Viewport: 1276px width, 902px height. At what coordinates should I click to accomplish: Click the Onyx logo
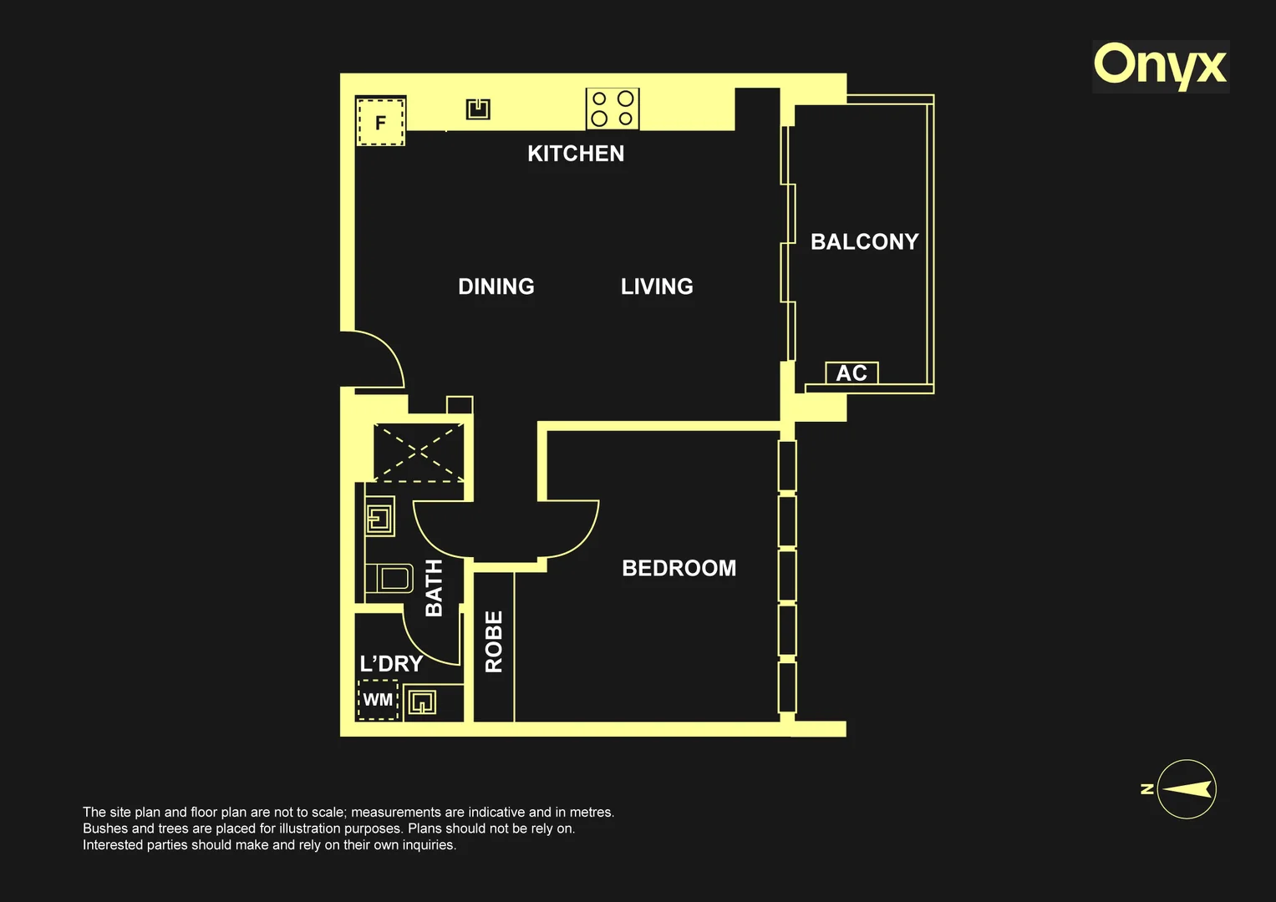point(1161,67)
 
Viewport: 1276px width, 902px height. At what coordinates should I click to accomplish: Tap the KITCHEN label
point(576,154)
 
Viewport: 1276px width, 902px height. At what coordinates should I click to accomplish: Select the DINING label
point(496,286)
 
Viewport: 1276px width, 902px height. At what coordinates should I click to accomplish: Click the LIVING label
point(657,286)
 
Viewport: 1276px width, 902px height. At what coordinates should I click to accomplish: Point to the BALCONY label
point(865,242)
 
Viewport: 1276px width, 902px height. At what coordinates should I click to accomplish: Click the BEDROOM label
point(679,568)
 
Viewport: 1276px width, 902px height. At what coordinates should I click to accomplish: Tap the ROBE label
point(494,641)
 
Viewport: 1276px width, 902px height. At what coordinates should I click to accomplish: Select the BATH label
point(434,588)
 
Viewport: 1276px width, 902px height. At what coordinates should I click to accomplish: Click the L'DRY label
point(391,664)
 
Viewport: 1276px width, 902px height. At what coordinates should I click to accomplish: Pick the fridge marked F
point(380,121)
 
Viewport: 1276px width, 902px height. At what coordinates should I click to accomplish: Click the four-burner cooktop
point(613,109)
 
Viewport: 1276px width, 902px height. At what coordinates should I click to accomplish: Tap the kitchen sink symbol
point(478,109)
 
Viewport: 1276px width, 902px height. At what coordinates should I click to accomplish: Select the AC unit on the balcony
point(852,373)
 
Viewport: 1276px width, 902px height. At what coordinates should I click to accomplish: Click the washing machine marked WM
point(378,699)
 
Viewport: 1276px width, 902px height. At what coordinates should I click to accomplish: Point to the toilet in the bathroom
point(389,579)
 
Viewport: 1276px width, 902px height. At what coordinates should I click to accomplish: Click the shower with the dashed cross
point(419,453)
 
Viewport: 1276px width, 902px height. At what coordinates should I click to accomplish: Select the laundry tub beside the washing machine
point(422,702)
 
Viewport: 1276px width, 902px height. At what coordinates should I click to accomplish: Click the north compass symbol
point(1186,789)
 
